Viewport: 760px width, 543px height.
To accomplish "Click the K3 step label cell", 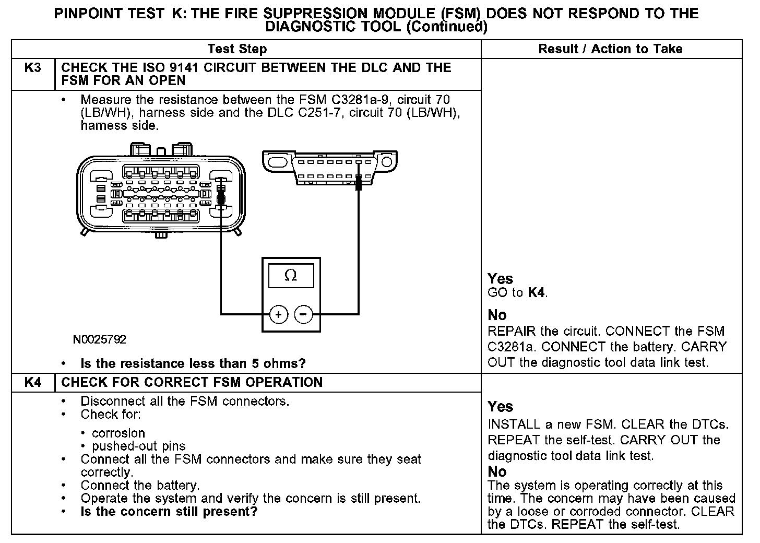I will [x=33, y=68].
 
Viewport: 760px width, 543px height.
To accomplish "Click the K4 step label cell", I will [x=33, y=383].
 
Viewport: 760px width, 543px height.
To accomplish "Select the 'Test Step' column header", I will [x=237, y=49].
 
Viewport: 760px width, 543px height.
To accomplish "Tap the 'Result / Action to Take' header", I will [x=610, y=49].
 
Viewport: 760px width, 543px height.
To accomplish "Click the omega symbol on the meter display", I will [x=291, y=275].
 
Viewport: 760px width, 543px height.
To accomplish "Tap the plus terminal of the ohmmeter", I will [x=278, y=314].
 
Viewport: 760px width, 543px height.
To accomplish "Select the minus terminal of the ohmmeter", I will [x=303, y=314].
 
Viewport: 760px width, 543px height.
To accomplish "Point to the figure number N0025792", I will [x=100, y=340].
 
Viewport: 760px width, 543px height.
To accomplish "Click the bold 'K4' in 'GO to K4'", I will [x=537, y=293].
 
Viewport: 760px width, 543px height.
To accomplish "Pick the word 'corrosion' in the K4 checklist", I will [x=118, y=433].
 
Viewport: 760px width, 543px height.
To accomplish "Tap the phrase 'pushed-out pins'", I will [x=139, y=446].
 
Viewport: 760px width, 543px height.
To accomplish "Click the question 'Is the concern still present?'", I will [x=169, y=512].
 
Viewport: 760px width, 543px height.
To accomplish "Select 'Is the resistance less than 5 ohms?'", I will [x=193, y=363].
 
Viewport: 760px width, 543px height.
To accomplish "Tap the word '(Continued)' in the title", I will [x=446, y=27].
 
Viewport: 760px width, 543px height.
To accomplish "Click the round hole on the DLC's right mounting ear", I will [x=386, y=161].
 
